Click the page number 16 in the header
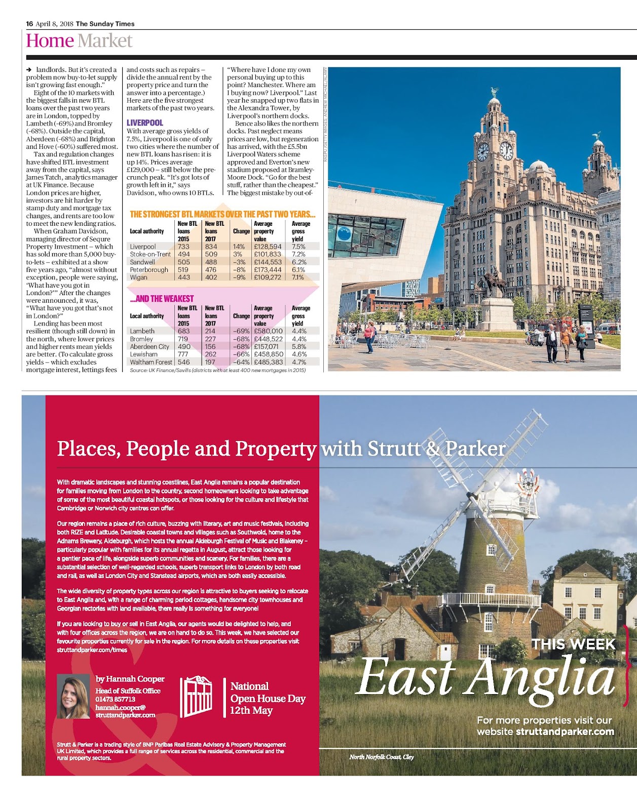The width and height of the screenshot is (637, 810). [29, 24]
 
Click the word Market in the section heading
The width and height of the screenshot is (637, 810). [105, 41]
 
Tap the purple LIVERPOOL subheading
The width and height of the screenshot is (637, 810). [145, 123]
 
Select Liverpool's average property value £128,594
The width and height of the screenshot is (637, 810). [268, 247]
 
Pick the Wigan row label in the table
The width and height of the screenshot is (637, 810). [138, 277]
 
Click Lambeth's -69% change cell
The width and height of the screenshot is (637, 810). [241, 331]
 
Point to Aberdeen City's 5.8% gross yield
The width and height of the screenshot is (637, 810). [299, 347]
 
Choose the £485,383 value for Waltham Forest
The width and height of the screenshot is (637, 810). [268, 362]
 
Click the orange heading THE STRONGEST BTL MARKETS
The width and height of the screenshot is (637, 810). [222, 214]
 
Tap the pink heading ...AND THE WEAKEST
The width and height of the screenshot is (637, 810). [162, 299]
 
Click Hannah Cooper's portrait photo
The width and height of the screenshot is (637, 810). [73, 697]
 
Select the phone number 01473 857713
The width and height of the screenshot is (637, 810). [116, 699]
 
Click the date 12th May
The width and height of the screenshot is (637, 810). [251, 711]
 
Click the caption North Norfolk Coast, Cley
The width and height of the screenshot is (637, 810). [382, 757]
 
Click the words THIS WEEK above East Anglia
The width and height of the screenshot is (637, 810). [573, 644]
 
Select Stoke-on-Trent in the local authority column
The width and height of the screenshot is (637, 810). [150, 254]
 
